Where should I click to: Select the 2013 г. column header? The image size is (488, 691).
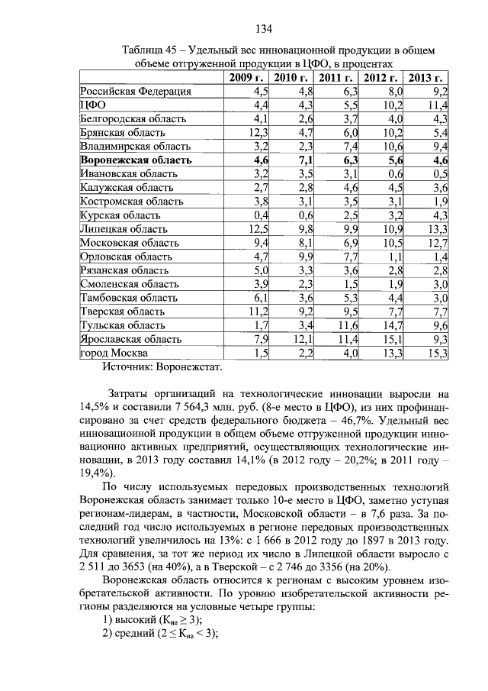427,78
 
